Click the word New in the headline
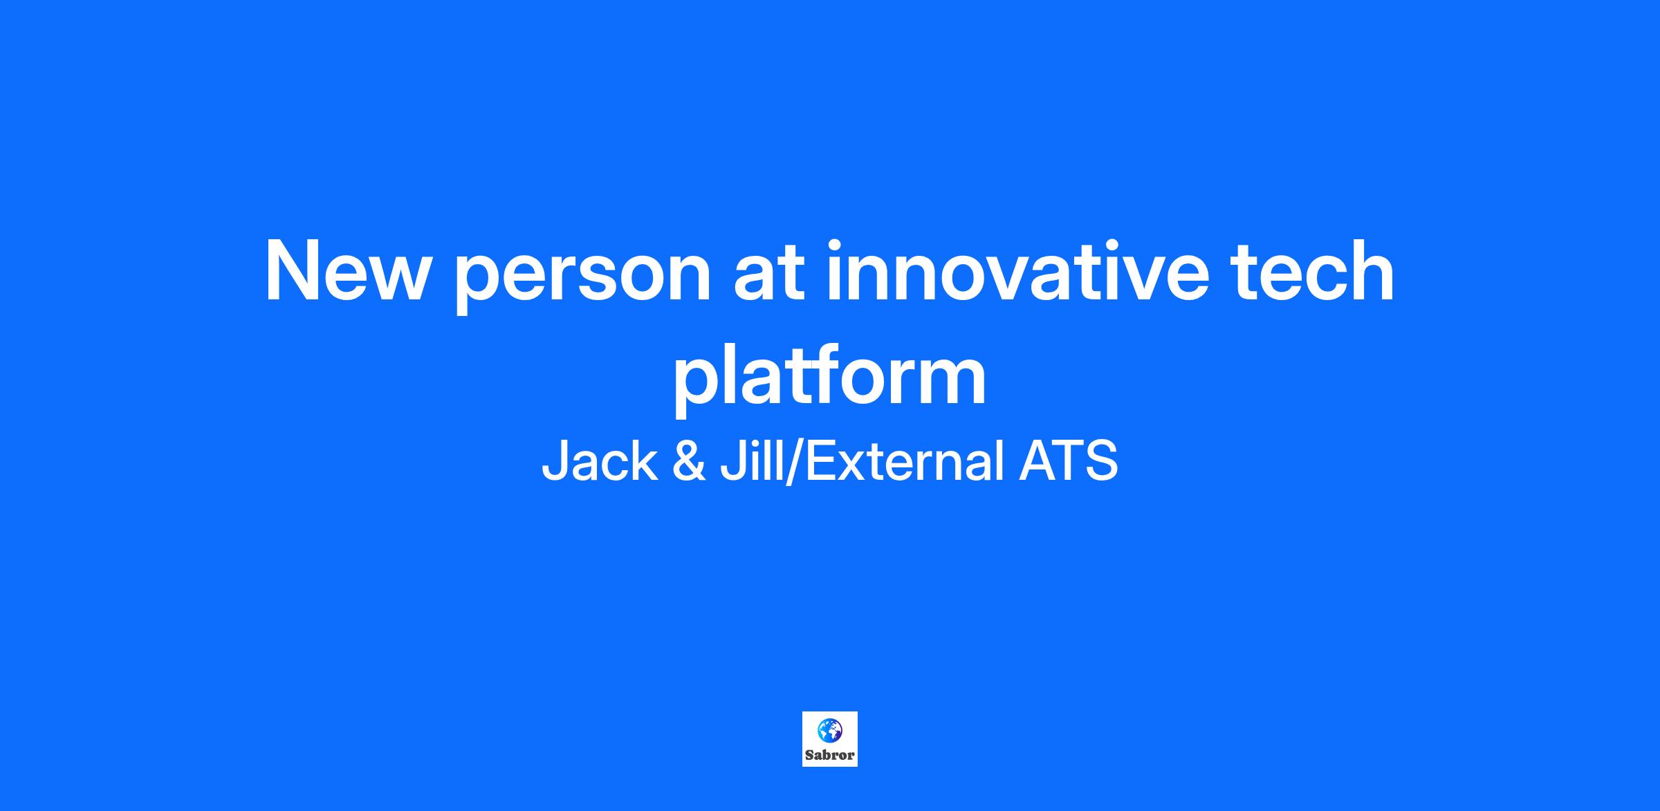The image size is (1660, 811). click(x=344, y=271)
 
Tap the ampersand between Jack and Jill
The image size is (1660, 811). click(x=689, y=461)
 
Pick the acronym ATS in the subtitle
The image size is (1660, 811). click(x=1069, y=461)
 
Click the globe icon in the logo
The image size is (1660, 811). click(x=829, y=730)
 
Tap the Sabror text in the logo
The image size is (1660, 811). click(x=830, y=755)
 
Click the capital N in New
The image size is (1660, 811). click(x=293, y=271)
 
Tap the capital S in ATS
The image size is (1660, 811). click(x=1101, y=461)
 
